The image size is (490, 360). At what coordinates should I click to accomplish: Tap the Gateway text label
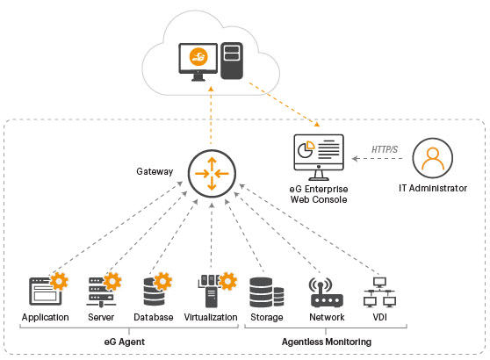155,170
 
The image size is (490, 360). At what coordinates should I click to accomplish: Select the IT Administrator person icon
432,159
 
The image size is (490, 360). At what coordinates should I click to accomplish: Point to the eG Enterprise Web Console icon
318,158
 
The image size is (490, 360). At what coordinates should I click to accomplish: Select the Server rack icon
98,291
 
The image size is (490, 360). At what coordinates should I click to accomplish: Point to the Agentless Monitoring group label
326,341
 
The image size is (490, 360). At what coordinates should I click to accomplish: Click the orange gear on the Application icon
59,282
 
